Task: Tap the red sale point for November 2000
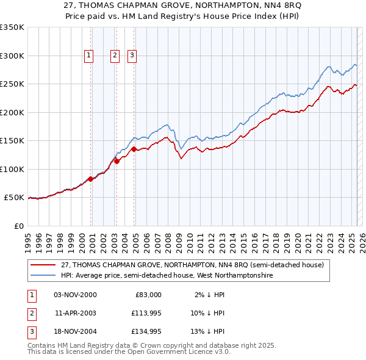[x=90, y=179]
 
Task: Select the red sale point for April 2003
[x=117, y=161]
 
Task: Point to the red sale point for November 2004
[x=134, y=149]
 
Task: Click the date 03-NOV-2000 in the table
[x=75, y=295]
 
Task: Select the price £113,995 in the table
[x=143, y=313]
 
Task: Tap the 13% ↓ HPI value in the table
[x=207, y=331]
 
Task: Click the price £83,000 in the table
[x=148, y=295]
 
